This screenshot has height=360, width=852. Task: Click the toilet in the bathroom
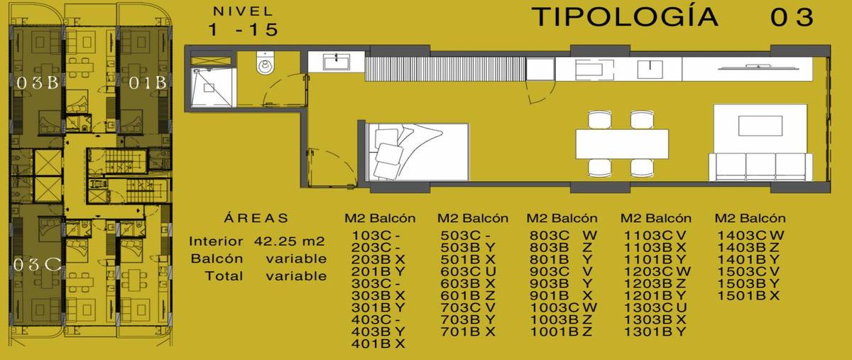click(x=265, y=63)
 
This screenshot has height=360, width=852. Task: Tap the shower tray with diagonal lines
click(x=212, y=87)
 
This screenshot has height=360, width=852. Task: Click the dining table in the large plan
click(x=622, y=144)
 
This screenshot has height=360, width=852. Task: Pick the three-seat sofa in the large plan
click(x=760, y=167)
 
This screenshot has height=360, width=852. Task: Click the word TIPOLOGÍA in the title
click(x=625, y=17)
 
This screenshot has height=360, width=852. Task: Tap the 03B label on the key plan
click(x=37, y=83)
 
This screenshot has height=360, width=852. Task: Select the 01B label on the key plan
click(x=147, y=83)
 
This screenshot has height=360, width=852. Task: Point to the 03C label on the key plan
click(x=37, y=264)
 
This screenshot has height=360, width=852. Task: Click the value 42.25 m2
click(x=289, y=241)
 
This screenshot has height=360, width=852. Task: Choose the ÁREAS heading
click(x=256, y=218)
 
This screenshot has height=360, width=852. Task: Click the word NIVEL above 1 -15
click(x=243, y=11)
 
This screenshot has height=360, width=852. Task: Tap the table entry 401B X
click(x=378, y=344)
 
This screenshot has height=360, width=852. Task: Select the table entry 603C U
click(x=468, y=272)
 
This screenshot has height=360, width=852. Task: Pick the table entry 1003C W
click(x=563, y=307)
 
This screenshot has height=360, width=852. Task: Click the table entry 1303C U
click(x=655, y=307)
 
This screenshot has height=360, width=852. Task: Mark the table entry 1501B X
click(x=748, y=295)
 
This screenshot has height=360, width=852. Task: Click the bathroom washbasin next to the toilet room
click(x=337, y=62)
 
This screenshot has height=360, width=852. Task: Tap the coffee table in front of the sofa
click(x=760, y=126)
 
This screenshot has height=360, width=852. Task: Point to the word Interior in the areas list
click(x=216, y=241)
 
